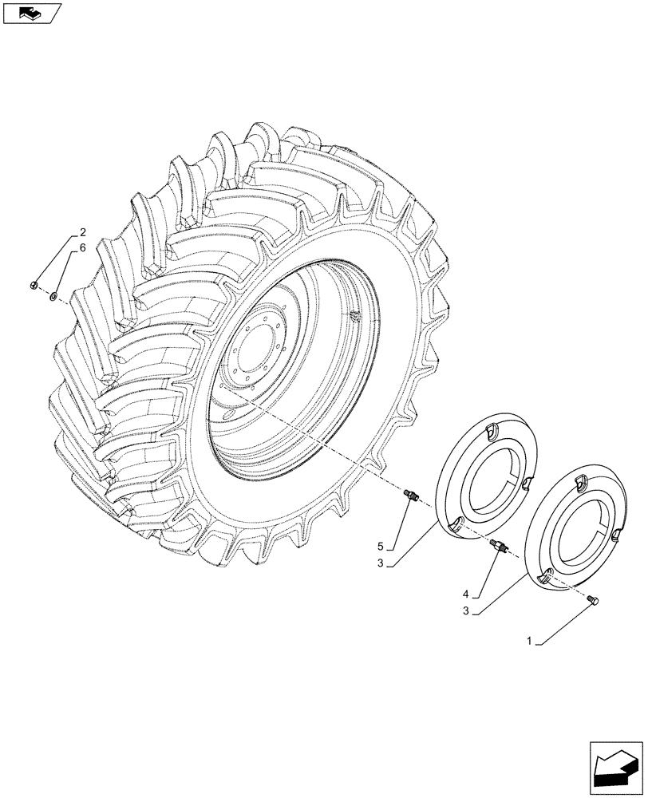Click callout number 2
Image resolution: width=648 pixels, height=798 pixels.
pos(81,234)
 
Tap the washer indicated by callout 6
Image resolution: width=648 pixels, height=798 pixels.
pos(53,297)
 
